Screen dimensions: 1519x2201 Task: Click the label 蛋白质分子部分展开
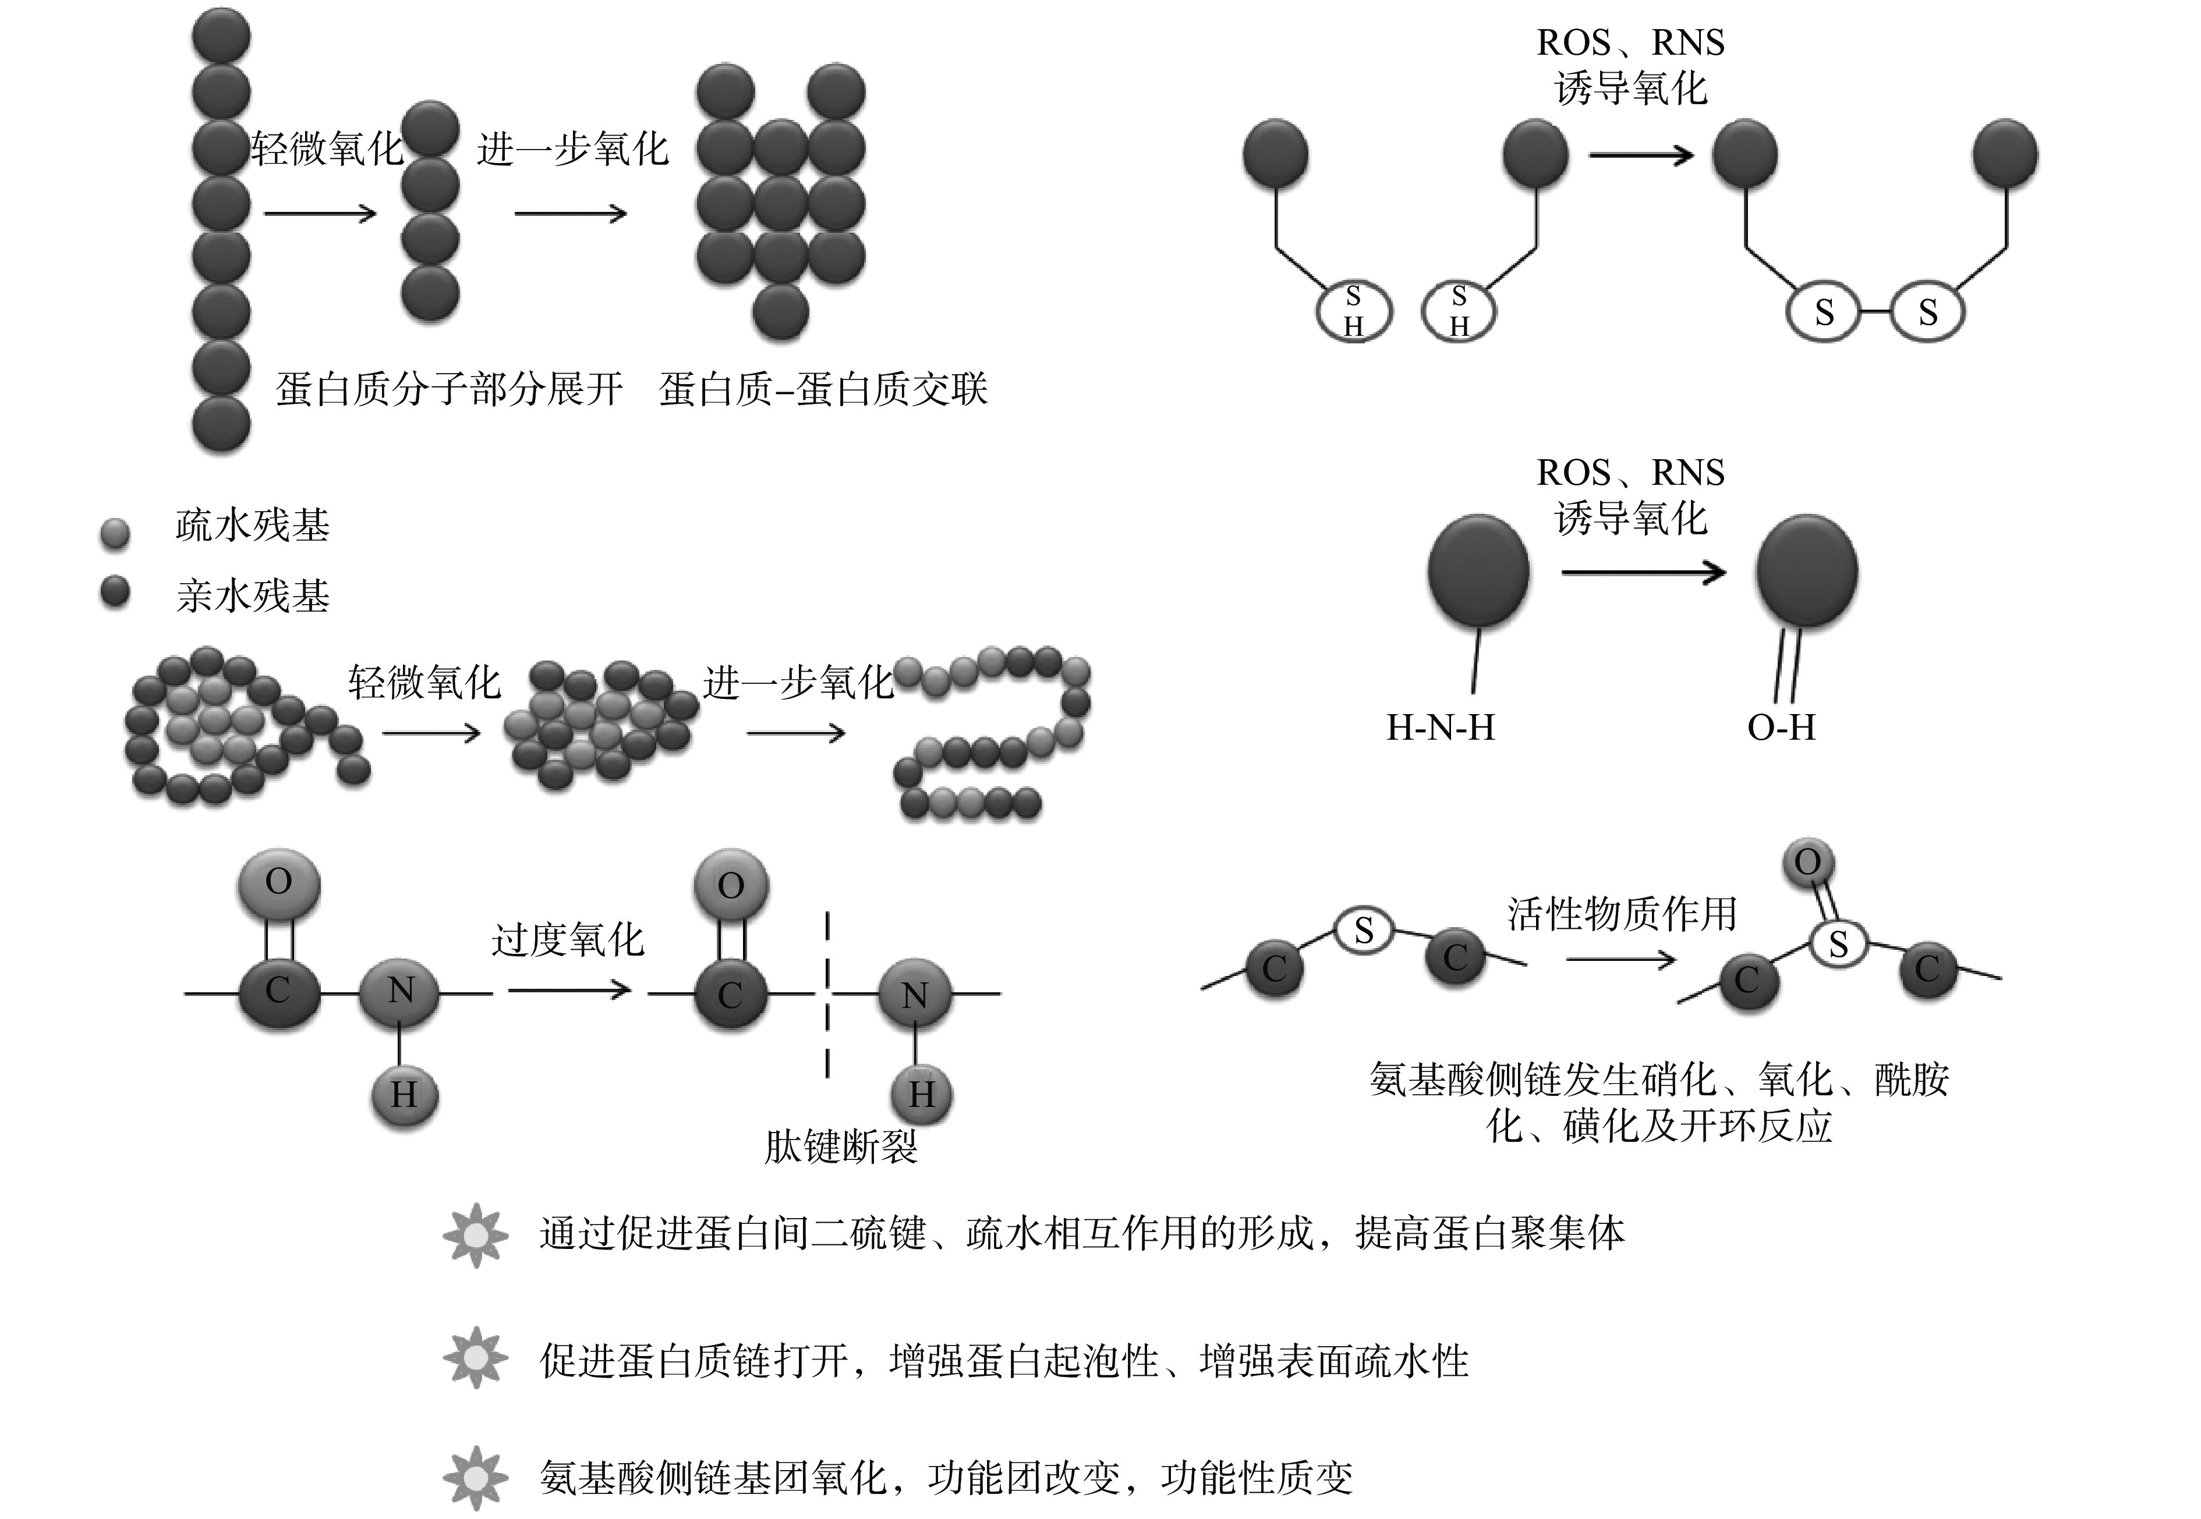[450, 389]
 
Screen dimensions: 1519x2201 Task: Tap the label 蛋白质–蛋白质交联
[823, 389]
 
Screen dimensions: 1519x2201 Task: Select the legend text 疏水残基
[252, 526]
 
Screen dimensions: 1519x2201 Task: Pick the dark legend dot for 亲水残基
[115, 592]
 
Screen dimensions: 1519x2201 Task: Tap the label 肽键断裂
[841, 1147]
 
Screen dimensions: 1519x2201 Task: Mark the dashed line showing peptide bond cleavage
[827, 995]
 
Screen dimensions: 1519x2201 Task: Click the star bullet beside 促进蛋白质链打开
[475, 1358]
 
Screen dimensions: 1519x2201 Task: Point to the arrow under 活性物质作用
[1620, 960]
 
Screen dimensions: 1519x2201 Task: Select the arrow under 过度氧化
[569, 991]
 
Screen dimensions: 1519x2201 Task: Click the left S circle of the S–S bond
[1823, 312]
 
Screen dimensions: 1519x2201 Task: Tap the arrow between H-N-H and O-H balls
[1643, 572]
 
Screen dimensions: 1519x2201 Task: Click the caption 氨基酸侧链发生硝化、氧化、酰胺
[1658, 1079]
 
